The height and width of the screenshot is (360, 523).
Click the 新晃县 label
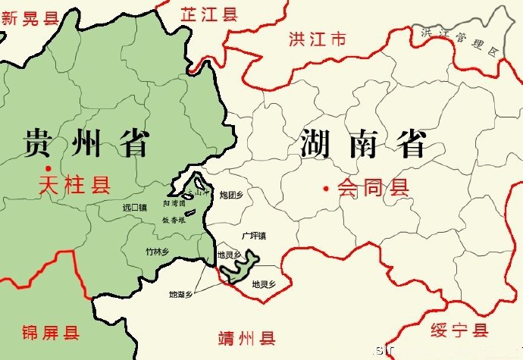click(30, 17)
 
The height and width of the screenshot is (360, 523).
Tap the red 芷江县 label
click(208, 13)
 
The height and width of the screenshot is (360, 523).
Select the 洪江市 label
click(317, 39)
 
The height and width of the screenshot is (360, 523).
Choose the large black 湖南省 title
click(363, 143)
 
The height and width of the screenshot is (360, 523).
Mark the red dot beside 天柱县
click(47, 168)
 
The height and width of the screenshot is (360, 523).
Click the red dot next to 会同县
click(326, 187)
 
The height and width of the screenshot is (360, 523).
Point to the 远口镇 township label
click(134, 207)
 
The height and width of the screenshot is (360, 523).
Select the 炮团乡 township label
click(230, 196)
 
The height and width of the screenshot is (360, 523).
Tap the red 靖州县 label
click(246, 337)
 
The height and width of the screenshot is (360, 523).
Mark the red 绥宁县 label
click(459, 330)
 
